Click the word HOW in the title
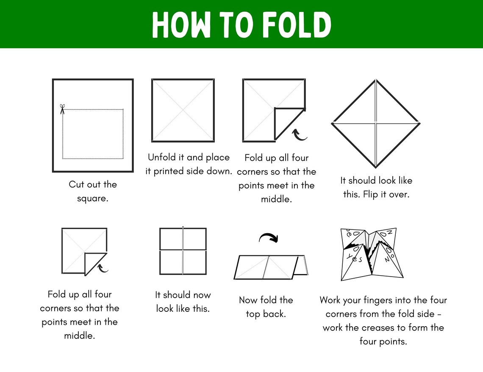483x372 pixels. click(181, 25)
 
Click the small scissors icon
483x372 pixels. click(62, 109)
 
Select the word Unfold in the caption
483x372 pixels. click(162, 157)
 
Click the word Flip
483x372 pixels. click(371, 195)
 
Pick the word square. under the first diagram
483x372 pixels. click(93, 199)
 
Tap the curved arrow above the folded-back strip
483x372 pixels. click(269, 237)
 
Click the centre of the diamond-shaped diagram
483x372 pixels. click(376, 123)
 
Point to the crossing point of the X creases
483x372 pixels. click(183, 110)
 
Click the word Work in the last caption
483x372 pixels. click(330, 300)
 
